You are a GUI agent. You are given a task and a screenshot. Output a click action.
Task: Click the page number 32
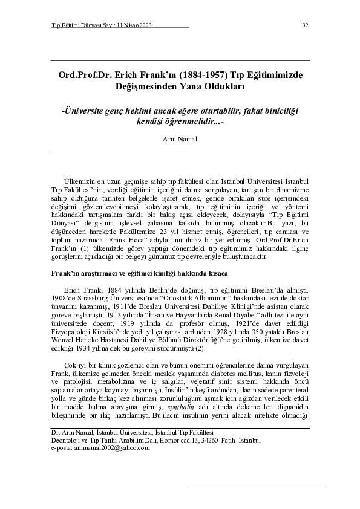click(306, 25)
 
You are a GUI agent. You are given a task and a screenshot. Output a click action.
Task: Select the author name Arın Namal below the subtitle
click(180, 138)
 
